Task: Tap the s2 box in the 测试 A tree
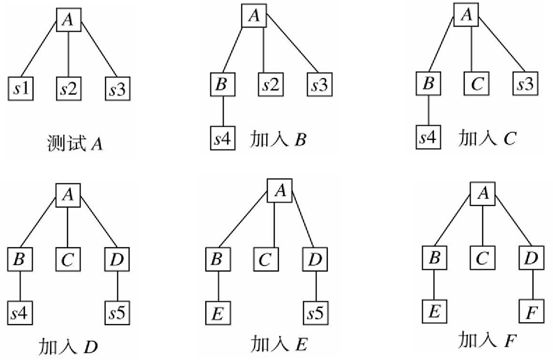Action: pyautogui.click(x=69, y=89)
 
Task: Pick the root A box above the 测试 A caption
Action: pyautogui.click(x=69, y=19)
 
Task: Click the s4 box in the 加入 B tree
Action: pyautogui.click(x=223, y=139)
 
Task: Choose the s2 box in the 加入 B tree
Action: pyautogui.click(x=271, y=84)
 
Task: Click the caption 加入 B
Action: pyautogui.click(x=278, y=139)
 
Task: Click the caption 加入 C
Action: pyautogui.click(x=486, y=138)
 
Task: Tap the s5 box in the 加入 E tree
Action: pyautogui.click(x=316, y=313)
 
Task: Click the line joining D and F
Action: pyautogui.click(x=532, y=285)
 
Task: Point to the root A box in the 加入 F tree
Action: pyautogui.click(x=483, y=192)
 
